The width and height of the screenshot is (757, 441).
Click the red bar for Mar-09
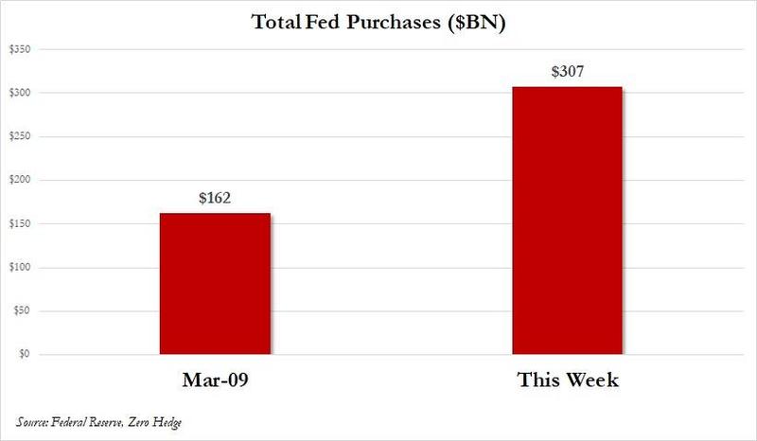point(214,284)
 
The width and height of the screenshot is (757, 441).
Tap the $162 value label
point(214,200)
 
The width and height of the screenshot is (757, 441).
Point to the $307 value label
point(568,73)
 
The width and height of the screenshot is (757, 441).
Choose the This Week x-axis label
point(568,380)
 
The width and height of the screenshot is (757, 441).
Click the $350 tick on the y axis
point(19,49)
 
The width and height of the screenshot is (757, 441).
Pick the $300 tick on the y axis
point(19,93)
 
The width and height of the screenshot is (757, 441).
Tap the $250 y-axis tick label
point(19,136)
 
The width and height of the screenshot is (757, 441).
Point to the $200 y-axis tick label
point(19,180)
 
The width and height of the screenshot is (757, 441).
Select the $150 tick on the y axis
point(19,223)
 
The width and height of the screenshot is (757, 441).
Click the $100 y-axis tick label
point(19,268)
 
